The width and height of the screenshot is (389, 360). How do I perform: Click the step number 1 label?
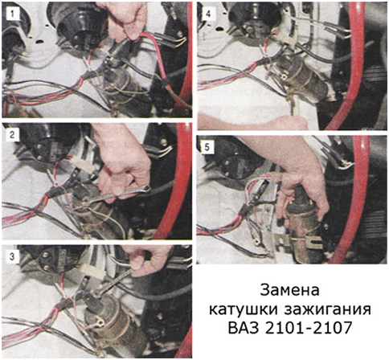[12, 14]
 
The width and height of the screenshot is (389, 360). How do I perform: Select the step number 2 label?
[12, 134]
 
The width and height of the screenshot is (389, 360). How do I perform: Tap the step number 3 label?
[12, 256]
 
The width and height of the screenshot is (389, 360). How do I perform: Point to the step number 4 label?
[208, 14]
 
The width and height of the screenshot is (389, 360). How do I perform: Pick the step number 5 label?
[207, 147]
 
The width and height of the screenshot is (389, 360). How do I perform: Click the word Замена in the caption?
[290, 290]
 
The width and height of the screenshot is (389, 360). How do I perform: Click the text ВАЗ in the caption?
[244, 327]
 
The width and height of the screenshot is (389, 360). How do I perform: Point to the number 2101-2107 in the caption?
[308, 327]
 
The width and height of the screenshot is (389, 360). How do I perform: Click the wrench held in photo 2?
[116, 194]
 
